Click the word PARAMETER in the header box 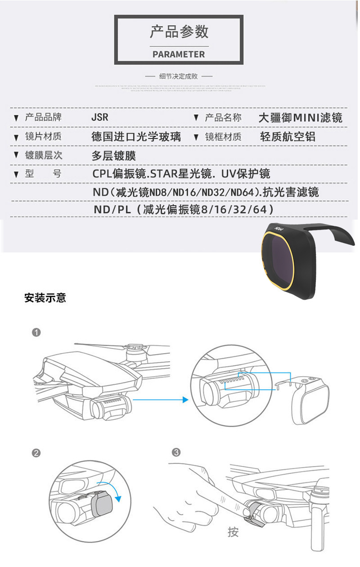(x=179, y=54)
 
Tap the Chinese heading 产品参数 (x=179, y=32)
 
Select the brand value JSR (x=100, y=118)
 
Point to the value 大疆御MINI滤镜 (x=300, y=118)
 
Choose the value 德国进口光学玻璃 (x=136, y=137)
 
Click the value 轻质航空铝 (x=288, y=137)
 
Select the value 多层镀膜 (x=113, y=156)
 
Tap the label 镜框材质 (x=223, y=137)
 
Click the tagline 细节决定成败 (x=179, y=76)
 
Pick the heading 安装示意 (x=45, y=298)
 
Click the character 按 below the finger (x=233, y=532)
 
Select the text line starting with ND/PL (x=184, y=210)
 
